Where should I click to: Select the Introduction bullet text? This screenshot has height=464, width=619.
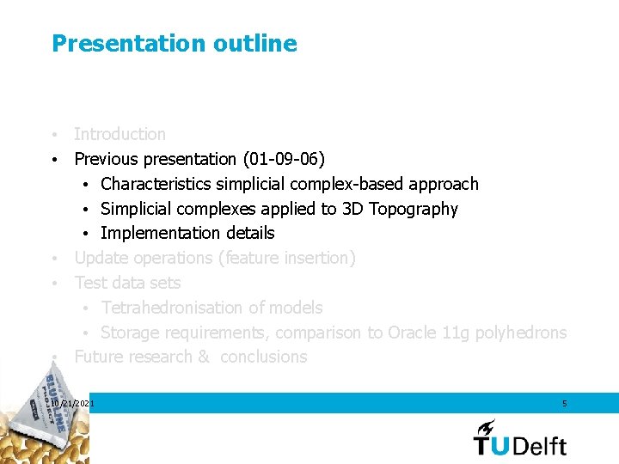click(120, 134)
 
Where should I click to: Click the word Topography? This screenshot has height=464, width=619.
click(414, 209)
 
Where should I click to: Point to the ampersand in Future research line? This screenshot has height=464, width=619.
click(203, 357)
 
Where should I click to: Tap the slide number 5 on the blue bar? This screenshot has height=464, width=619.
click(564, 403)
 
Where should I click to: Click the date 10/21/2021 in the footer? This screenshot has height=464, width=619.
click(73, 403)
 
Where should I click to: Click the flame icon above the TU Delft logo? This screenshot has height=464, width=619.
click(487, 426)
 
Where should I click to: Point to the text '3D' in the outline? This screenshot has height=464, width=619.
click(352, 209)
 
